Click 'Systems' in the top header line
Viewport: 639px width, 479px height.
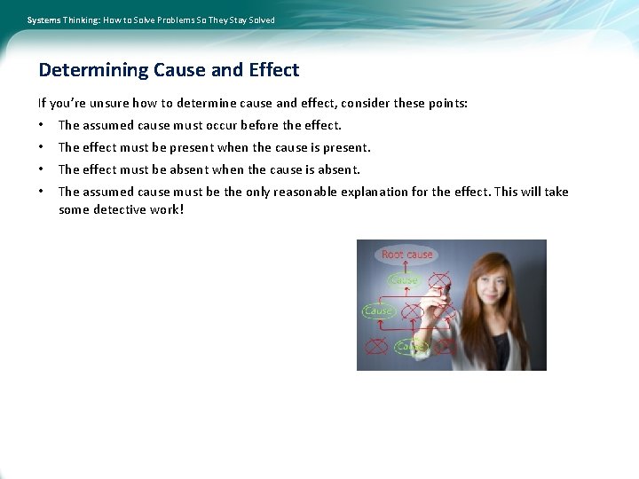pos(43,20)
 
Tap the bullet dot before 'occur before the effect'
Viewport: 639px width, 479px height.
pos(42,126)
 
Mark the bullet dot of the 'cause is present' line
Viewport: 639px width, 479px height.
pos(42,148)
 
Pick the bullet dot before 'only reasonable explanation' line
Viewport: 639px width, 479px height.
pos(42,192)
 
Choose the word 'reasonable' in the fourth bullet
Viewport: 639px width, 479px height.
pos(305,192)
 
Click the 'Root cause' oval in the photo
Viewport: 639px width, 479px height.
pos(407,255)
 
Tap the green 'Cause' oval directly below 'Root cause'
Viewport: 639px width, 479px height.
pos(404,280)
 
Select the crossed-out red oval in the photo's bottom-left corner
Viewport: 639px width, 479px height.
pos(377,344)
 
